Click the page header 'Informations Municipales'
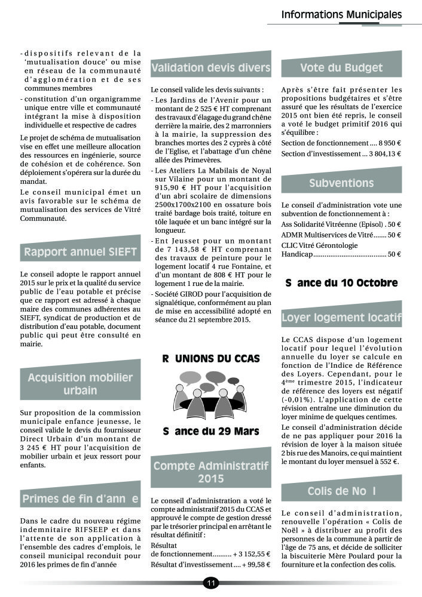(341, 14)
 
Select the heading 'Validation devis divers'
(210, 68)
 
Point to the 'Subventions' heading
(341, 183)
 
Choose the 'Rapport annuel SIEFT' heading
(80, 252)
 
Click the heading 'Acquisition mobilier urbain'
(80, 384)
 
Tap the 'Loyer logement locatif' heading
(341, 318)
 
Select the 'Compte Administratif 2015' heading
(210, 472)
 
